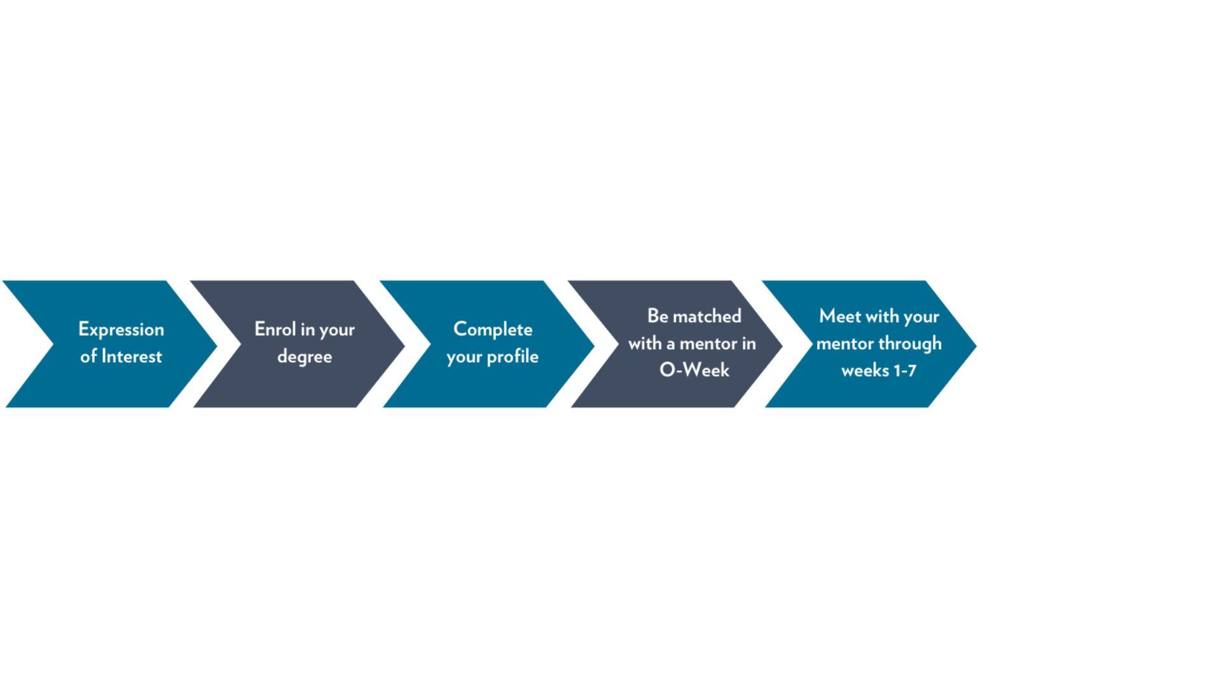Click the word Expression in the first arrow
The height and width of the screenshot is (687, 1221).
(121, 330)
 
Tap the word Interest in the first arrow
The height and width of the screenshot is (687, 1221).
(132, 356)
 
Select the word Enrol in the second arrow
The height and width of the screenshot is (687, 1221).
(275, 329)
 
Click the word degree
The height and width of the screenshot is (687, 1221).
(305, 357)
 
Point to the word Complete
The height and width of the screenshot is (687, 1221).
(493, 329)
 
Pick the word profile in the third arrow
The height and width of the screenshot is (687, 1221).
(513, 357)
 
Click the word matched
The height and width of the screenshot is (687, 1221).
(707, 316)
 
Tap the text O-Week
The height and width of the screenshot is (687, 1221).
(694, 370)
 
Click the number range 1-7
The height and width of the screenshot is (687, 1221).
(905, 370)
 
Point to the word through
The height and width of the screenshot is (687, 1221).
(910, 344)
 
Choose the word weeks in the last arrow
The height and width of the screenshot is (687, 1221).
(865, 370)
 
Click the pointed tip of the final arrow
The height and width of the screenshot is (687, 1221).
(975, 345)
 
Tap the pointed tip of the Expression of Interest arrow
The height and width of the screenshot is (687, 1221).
(216, 346)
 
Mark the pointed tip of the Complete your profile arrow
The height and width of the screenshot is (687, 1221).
(593, 346)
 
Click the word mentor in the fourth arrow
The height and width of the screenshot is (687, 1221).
(708, 343)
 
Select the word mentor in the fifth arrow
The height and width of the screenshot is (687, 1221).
(845, 343)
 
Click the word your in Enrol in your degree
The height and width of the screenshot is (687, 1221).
(337, 330)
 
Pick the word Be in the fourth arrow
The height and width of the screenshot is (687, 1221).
(658, 316)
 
